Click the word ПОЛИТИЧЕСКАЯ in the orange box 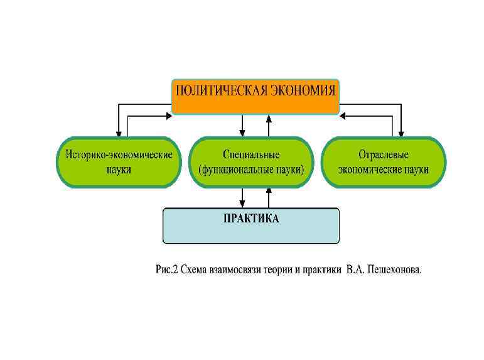tap(220, 90)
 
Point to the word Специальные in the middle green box tap(251, 155)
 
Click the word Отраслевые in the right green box tap(383, 155)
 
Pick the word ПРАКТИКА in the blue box tap(251, 219)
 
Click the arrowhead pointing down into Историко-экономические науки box tap(119, 133)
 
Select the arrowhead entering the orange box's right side tap(343, 116)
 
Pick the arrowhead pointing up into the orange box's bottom tap(269, 118)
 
